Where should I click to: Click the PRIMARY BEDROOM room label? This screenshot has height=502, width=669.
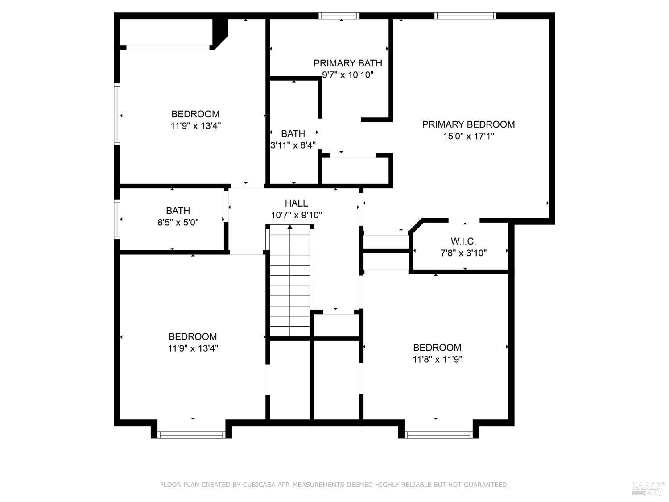point(468,124)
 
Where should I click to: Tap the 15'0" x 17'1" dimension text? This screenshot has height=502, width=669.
point(468,136)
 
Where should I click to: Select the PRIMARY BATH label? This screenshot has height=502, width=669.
point(347,63)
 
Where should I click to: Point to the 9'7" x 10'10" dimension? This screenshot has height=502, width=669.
point(347,75)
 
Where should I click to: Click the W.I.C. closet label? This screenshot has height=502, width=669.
point(463,241)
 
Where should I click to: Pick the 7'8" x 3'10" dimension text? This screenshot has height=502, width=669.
point(463,253)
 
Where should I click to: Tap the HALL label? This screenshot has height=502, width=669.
point(296,203)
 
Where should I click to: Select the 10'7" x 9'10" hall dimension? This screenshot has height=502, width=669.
point(296,215)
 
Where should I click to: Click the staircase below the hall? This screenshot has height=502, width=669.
point(290,281)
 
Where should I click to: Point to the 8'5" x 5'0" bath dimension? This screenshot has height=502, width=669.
point(178,222)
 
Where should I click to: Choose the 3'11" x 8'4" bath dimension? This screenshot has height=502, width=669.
point(293,145)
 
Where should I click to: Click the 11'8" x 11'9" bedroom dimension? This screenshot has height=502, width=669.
point(437,359)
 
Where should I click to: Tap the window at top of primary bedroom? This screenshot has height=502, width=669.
point(465,16)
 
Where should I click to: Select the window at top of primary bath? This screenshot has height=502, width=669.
point(339,16)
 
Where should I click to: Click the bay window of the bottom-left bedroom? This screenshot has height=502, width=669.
point(192,435)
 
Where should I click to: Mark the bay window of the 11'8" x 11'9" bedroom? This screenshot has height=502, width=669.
point(438,435)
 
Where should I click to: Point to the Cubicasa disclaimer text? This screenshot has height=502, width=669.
point(334,485)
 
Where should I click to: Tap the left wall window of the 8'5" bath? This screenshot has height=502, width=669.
point(117,219)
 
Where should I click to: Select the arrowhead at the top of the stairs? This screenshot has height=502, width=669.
point(290,227)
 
